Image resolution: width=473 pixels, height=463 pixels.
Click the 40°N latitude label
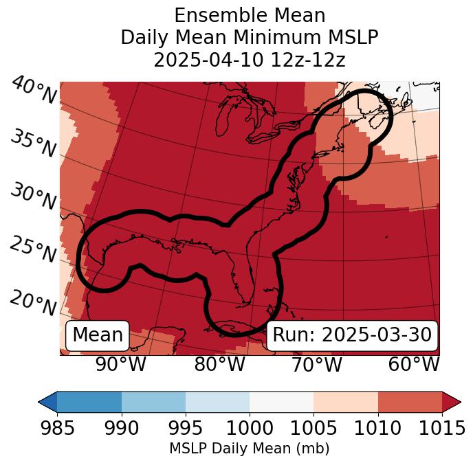click(x=33, y=91)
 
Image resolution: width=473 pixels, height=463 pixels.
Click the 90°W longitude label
click(x=121, y=364)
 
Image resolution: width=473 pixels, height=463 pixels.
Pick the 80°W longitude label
click(x=219, y=364)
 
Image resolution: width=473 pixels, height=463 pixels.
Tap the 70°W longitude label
click(x=316, y=364)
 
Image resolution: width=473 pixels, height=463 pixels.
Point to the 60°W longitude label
click(x=414, y=364)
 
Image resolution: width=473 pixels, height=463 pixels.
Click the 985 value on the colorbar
click(x=57, y=428)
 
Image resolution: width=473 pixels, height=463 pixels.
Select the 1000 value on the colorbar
click(x=250, y=428)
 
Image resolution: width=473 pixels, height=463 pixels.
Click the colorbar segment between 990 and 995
click(x=153, y=401)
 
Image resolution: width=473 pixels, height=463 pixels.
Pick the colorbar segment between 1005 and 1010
click(x=346, y=401)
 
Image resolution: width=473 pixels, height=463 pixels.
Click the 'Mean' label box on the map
click(x=98, y=335)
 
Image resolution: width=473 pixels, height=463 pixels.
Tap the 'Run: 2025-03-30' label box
click(x=352, y=335)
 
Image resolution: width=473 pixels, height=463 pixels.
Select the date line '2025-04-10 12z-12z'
click(x=250, y=60)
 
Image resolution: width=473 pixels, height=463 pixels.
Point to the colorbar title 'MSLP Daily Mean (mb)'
click(x=250, y=449)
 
